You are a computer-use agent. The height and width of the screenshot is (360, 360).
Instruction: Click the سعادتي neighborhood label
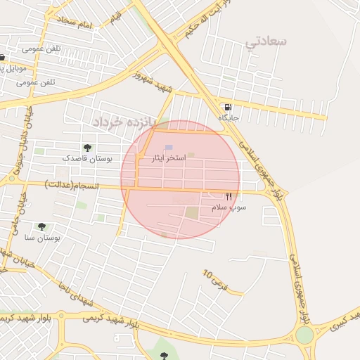(x=266, y=41)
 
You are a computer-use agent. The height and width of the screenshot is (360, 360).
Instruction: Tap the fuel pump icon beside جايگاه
(x=227, y=108)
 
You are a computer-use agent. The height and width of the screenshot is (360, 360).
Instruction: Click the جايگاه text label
(x=229, y=118)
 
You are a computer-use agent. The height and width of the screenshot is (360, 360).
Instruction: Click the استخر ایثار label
(x=169, y=158)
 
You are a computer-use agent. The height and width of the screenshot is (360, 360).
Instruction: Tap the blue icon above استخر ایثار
(x=169, y=147)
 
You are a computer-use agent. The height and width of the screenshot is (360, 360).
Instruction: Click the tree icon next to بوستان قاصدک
(x=87, y=148)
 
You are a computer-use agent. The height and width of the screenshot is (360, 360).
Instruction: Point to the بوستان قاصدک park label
(x=88, y=159)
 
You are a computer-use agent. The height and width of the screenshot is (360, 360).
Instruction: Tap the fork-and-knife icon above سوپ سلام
(x=229, y=197)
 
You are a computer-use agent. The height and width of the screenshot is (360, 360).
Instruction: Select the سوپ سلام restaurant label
(x=229, y=208)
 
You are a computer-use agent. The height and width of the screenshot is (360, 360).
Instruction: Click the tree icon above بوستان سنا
(x=41, y=226)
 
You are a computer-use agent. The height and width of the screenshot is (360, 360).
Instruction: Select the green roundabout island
(x=304, y=335)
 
